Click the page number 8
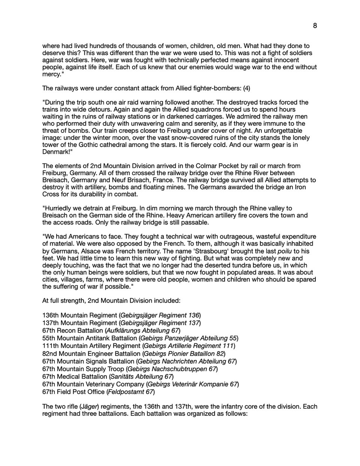[x=315, y=26]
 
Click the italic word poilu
[x=284, y=251]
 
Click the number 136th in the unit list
[x=51, y=315]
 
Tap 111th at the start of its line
[x=50, y=346]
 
